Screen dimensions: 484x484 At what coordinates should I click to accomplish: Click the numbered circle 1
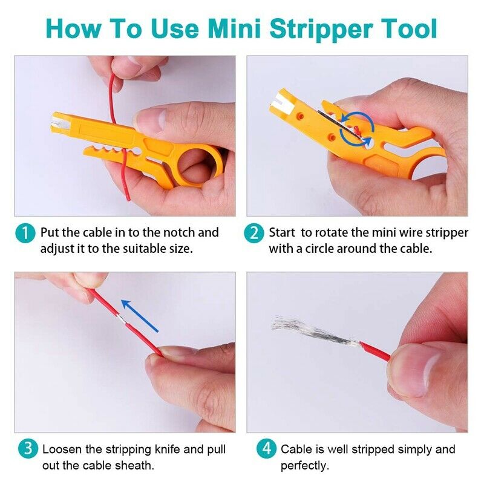pyautogui.click(x=25, y=234)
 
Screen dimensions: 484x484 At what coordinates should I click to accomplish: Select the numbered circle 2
pyautogui.click(x=253, y=234)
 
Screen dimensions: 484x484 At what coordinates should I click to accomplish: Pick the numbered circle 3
pyautogui.click(x=28, y=449)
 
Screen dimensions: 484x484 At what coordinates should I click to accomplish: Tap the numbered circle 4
pyautogui.click(x=266, y=449)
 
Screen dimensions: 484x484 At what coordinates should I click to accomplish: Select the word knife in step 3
pyautogui.click(x=165, y=449)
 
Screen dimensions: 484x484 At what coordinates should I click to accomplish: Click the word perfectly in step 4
pyautogui.click(x=305, y=466)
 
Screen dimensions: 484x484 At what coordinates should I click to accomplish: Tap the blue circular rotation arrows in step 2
pyautogui.click(x=356, y=128)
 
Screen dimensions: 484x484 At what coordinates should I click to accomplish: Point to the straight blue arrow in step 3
pyautogui.click(x=140, y=315)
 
